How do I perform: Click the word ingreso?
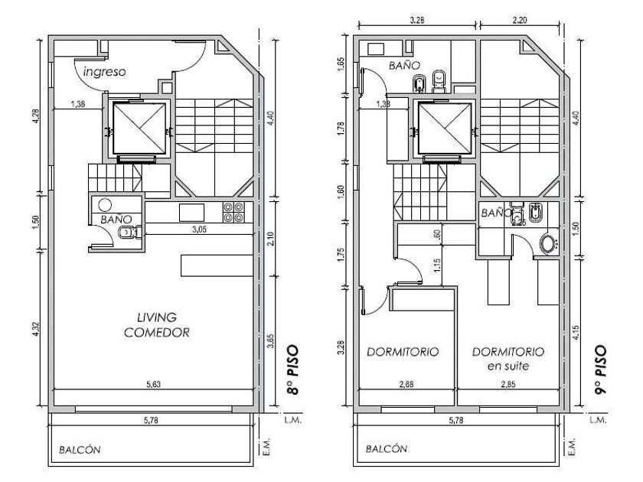pyautogui.click(x=104, y=72)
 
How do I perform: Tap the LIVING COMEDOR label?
pyautogui.click(x=157, y=324)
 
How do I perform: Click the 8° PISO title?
pyautogui.click(x=292, y=370)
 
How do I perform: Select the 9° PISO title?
pyautogui.click(x=600, y=370)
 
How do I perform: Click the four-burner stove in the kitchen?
pyautogui.click(x=233, y=212)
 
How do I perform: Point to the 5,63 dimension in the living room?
pyautogui.click(x=153, y=384)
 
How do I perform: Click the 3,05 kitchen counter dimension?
pyautogui.click(x=199, y=230)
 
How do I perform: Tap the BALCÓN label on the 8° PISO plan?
pyautogui.click(x=80, y=450)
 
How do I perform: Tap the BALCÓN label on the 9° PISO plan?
pyautogui.click(x=387, y=449)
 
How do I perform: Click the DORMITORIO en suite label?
pyautogui.click(x=508, y=359)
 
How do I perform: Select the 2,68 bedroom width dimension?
pyautogui.click(x=406, y=384)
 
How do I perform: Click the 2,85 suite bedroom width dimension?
pyautogui.click(x=508, y=384)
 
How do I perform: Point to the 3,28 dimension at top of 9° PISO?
pyautogui.click(x=416, y=20)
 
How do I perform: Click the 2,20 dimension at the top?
pyautogui.click(x=520, y=20)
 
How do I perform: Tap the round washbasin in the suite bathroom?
pyautogui.click(x=548, y=244)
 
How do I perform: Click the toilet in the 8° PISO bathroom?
pyautogui.click(x=130, y=233)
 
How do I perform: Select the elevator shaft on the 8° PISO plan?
pyautogui.click(x=139, y=129)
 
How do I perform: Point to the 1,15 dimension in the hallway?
pyautogui.click(x=436, y=265)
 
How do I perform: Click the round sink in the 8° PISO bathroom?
pyautogui.click(x=105, y=205)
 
